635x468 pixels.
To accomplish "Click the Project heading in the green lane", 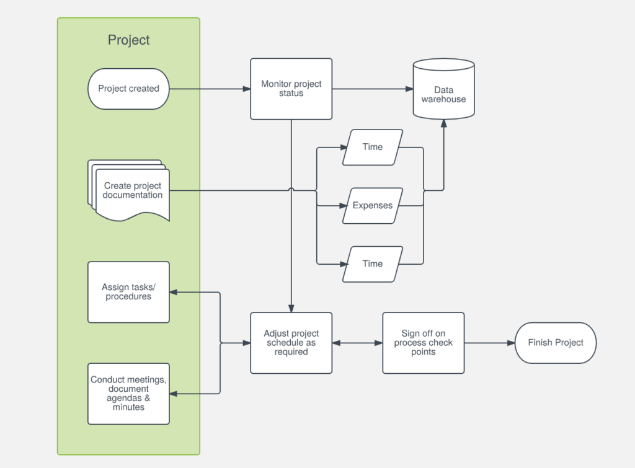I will click(x=128, y=40).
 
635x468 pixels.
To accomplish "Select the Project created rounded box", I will click(x=128, y=89).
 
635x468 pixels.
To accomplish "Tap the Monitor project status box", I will click(x=291, y=89).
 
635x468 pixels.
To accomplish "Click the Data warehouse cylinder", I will click(x=443, y=90).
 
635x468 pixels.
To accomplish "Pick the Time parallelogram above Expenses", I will click(x=372, y=148).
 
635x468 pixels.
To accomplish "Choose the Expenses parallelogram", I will click(x=372, y=206).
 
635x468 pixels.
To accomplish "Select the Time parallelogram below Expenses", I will click(x=372, y=264).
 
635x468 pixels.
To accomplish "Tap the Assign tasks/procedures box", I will click(x=128, y=292).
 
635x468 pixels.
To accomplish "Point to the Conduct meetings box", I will click(x=128, y=394).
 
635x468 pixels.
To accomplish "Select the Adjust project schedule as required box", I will click(x=291, y=343).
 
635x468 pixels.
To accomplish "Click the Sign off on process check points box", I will click(x=423, y=343).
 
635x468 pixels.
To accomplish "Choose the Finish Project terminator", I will click(x=555, y=343).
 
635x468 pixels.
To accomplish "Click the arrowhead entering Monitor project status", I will click(x=246, y=89).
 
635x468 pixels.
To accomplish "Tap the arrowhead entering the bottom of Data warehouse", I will click(x=443, y=123).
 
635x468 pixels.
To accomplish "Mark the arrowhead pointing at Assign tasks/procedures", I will click(x=174, y=292).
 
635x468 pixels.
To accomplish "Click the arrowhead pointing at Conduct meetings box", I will click(x=174, y=394).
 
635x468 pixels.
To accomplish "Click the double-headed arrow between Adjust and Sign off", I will click(x=357, y=343).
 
